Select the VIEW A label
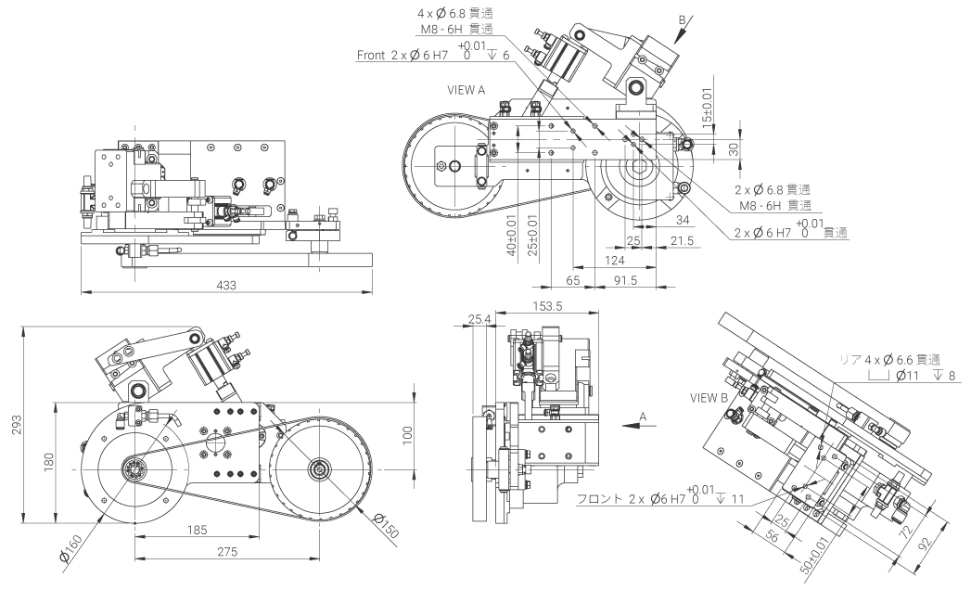466,90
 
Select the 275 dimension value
227,552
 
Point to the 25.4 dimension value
479,320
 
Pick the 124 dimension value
613,261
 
